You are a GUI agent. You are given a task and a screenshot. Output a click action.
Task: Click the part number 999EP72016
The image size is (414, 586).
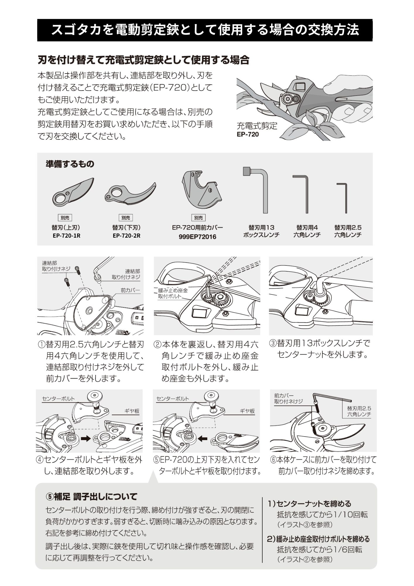pos(197,237)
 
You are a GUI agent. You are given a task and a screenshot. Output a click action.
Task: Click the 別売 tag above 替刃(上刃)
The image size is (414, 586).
pos(65,218)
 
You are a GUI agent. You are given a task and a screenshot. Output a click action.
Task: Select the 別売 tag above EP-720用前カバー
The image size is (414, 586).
pos(198,218)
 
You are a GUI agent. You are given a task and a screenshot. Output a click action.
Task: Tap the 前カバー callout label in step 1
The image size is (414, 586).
pos(130,291)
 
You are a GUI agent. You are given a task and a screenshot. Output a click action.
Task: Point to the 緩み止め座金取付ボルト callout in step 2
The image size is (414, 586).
pos(173,293)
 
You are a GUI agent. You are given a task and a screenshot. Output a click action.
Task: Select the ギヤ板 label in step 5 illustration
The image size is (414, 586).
pos(247,411)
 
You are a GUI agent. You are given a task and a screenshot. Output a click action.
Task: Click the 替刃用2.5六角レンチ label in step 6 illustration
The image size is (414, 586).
pos(359,411)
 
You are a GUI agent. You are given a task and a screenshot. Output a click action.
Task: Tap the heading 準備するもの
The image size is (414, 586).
pos(70,164)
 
